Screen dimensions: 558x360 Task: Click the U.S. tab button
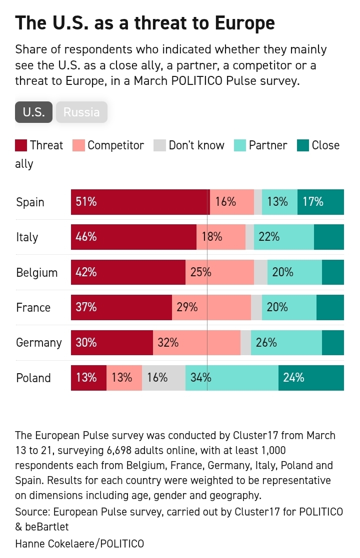33,112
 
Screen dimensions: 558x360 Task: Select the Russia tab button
81,112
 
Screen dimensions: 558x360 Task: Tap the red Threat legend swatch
20,145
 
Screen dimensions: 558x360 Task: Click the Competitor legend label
115,145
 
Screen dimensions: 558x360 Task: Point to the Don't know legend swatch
159,145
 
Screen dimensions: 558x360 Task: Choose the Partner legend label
268,145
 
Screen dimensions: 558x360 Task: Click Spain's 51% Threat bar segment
140,202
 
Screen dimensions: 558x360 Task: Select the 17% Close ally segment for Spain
320,202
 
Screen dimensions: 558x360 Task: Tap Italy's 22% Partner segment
283,237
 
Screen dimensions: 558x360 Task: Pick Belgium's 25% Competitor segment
219,272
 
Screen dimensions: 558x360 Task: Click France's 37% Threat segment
121,307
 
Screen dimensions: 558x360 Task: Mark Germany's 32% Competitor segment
196,343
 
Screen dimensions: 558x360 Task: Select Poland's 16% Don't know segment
163,378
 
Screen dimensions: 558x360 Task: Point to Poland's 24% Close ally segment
311,378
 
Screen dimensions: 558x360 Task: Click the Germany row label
39,343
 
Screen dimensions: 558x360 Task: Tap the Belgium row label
36,272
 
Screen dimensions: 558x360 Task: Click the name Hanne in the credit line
31,544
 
